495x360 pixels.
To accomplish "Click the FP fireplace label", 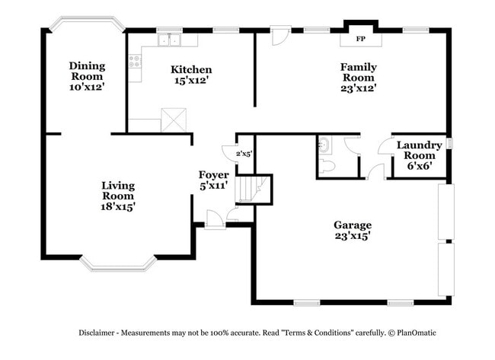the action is click(x=360, y=39).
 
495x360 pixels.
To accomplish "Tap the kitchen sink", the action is click(x=170, y=40).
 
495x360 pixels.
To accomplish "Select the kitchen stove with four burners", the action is click(x=135, y=61).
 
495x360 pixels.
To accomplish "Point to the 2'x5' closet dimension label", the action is click(x=244, y=154).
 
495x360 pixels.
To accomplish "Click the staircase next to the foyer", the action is click(x=253, y=189).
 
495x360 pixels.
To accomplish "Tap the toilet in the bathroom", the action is click(x=325, y=166).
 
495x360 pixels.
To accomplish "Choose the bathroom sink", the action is click(x=324, y=145).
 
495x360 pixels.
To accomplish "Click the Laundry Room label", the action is click(x=420, y=150).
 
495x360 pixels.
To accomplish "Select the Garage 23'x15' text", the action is click(x=353, y=231).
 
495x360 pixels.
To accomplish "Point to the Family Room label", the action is click(x=359, y=72).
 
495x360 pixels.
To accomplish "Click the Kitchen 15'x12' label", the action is click(x=191, y=75).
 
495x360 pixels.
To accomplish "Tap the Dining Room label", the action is click(x=87, y=71).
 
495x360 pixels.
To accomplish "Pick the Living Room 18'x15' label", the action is click(x=118, y=196).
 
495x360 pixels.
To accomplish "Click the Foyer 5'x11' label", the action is click(x=214, y=180).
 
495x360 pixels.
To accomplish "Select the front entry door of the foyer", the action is click(x=215, y=219).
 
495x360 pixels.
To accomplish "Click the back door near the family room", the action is click(x=281, y=35).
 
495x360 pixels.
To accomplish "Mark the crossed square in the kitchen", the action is click(x=174, y=120).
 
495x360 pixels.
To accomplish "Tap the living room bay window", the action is click(x=118, y=264).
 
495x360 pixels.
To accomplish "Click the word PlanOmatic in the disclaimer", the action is click(x=417, y=333).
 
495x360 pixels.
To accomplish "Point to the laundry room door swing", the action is click(x=384, y=145).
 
